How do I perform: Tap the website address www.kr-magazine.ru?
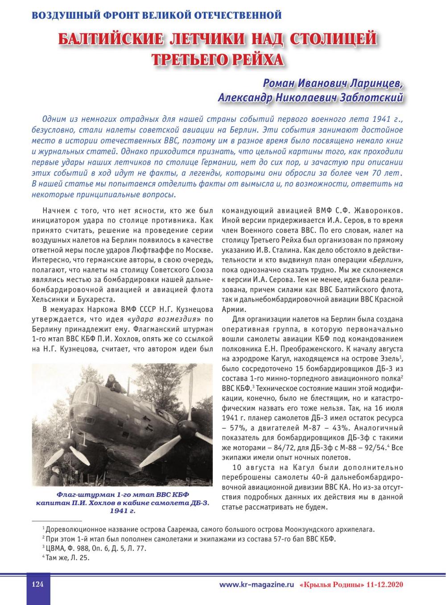256,585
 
